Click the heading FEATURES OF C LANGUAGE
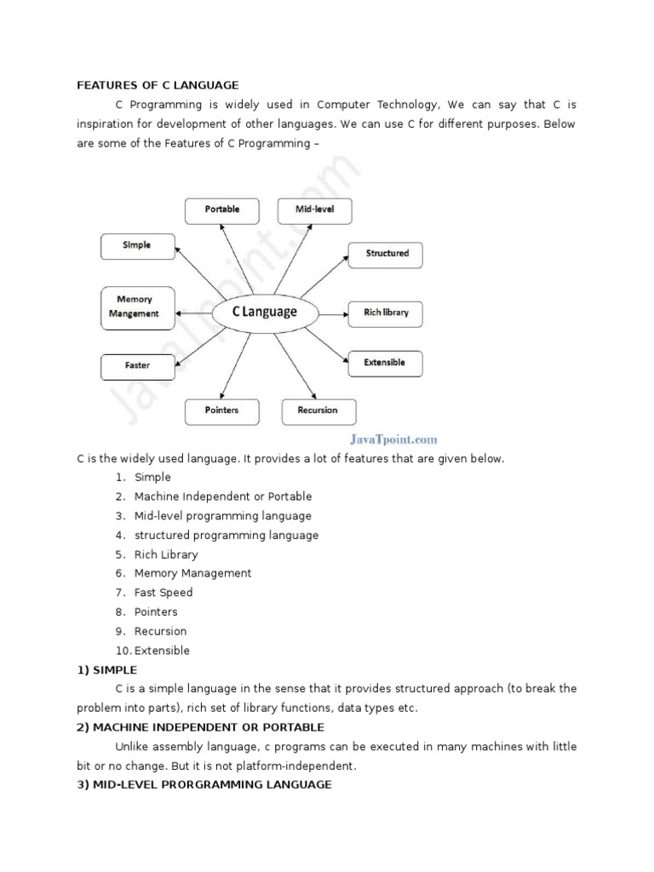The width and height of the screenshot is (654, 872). (158, 85)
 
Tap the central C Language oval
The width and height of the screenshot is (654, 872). (265, 313)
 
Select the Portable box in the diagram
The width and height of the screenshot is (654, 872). (222, 209)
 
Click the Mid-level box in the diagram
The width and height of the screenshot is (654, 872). (315, 209)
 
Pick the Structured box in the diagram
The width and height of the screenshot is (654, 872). (387, 254)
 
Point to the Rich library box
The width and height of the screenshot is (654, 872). (386, 313)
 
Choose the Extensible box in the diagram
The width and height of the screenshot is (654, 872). (385, 363)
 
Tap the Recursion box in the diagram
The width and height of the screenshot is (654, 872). (318, 410)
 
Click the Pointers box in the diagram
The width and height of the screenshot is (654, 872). (221, 410)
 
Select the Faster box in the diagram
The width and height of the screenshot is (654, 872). (137, 366)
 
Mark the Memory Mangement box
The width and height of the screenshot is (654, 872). (135, 307)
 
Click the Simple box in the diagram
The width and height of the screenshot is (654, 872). (137, 245)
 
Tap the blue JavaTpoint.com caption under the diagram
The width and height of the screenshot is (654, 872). (393, 439)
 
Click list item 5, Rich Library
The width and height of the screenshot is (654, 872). (165, 554)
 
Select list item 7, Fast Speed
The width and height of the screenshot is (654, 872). (163, 593)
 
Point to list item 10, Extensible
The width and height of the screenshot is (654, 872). (162, 651)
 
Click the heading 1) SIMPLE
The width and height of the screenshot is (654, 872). (106, 669)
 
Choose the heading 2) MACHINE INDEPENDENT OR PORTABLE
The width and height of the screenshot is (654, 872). (200, 727)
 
